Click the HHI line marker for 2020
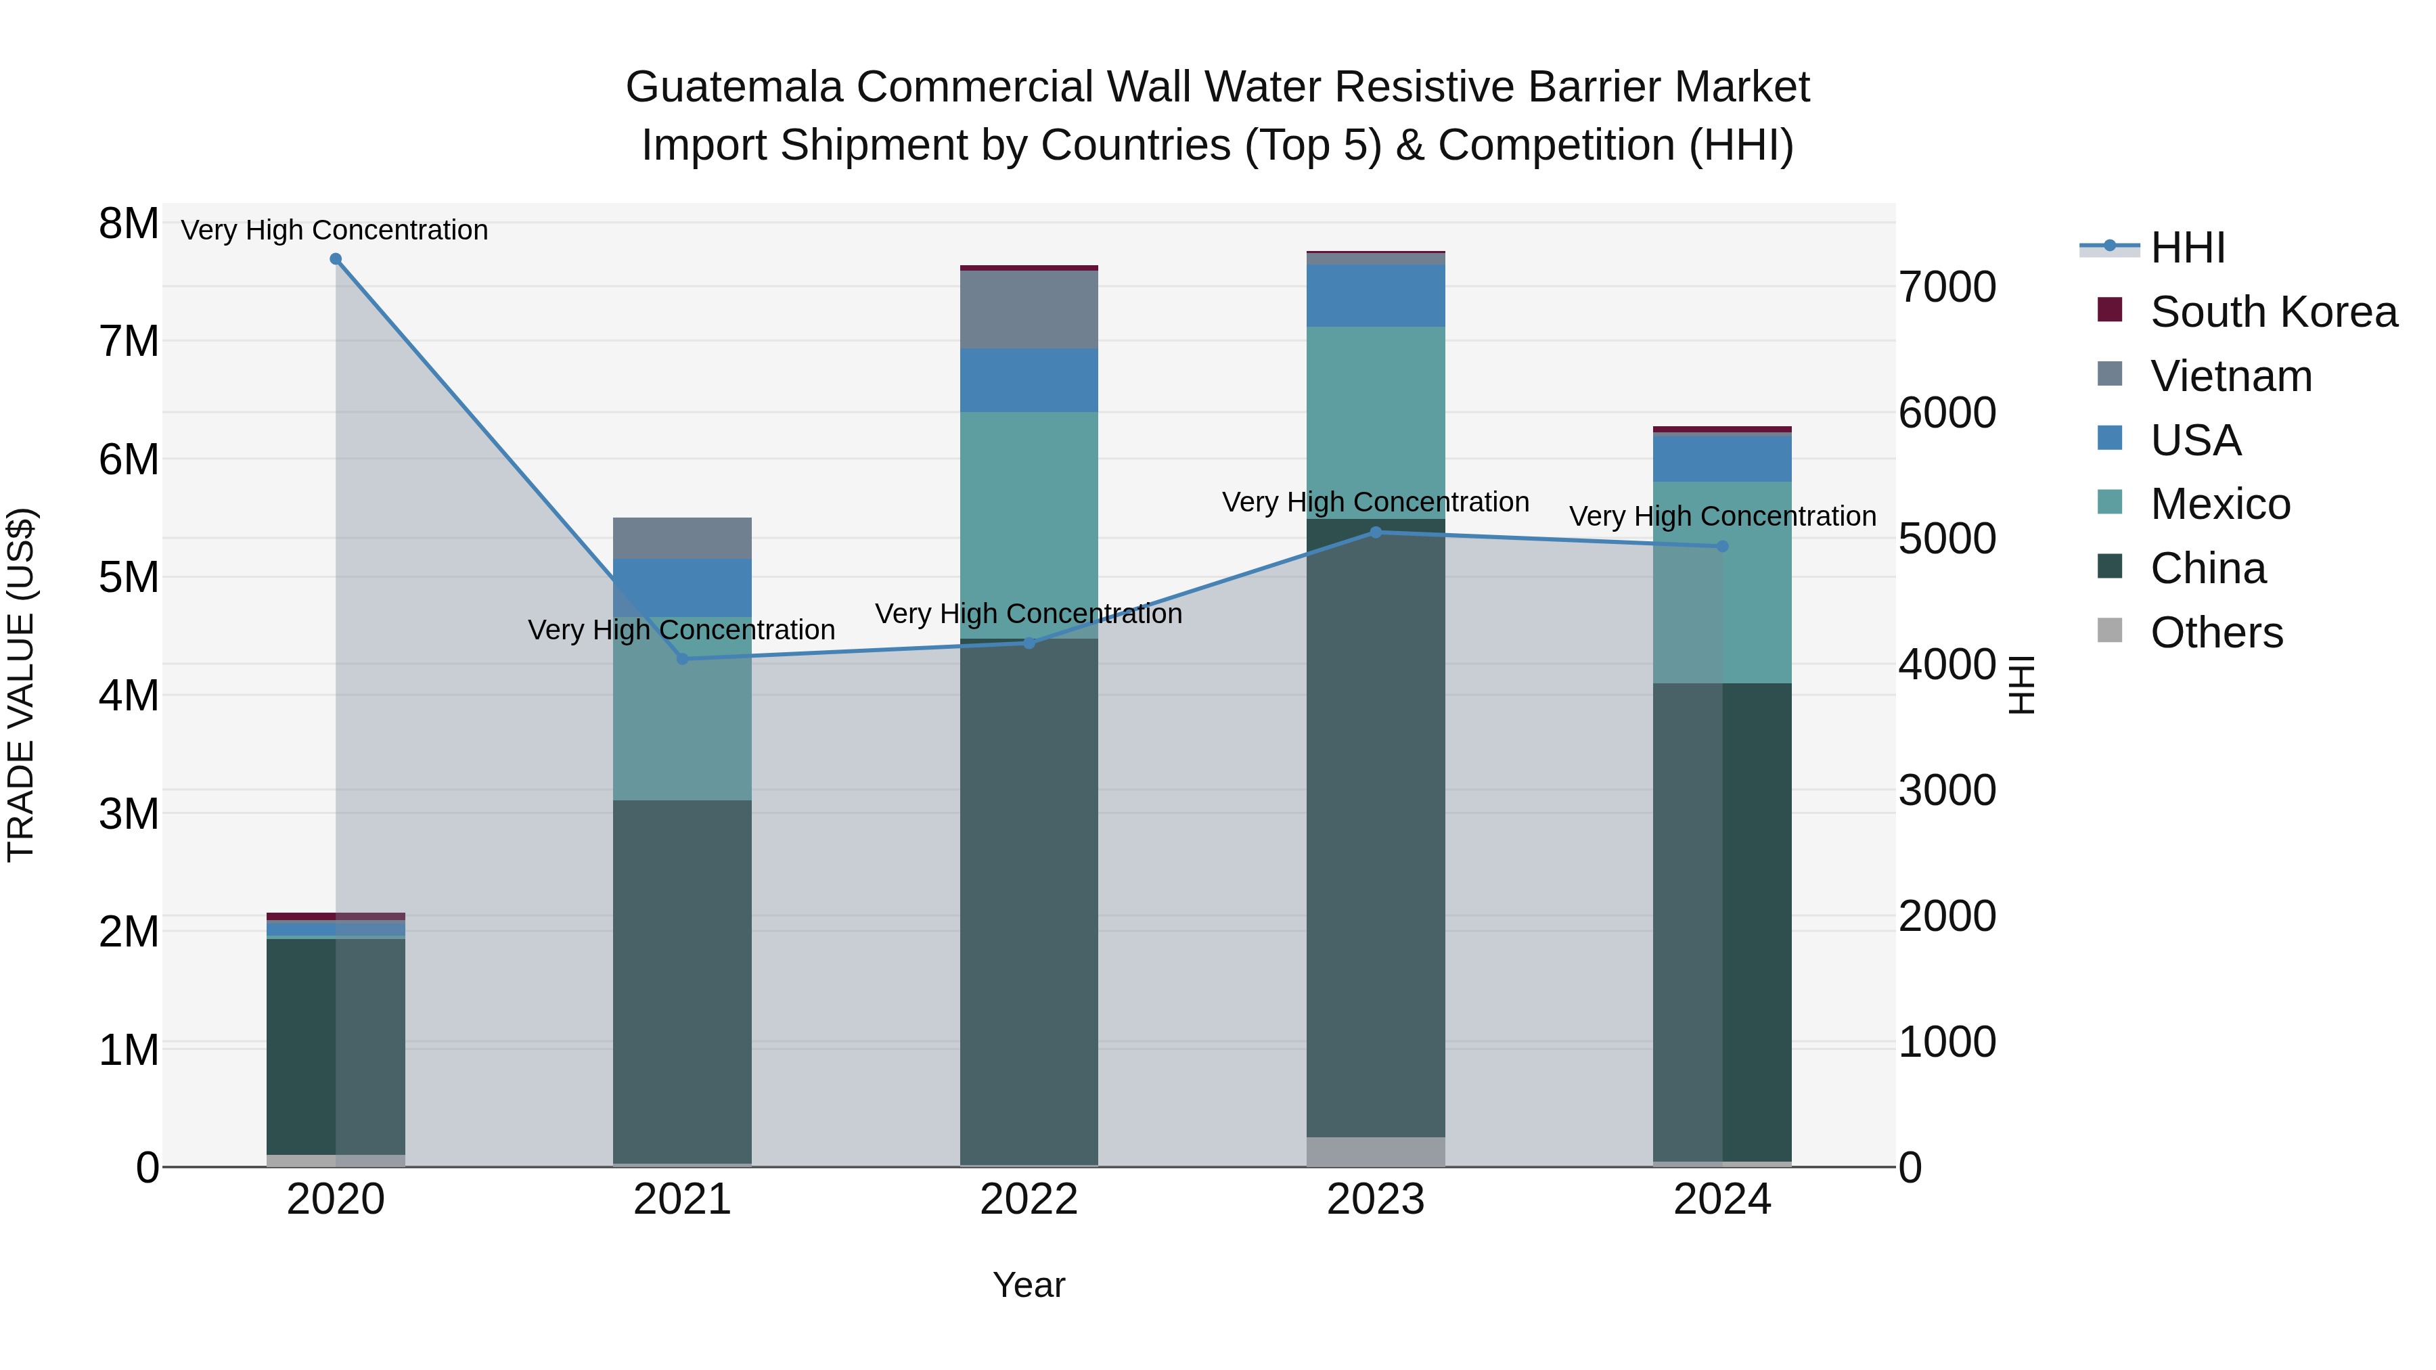pos(336,259)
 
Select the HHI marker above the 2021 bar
pos(683,659)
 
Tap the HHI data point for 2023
pos(1376,532)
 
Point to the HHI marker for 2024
pos(1722,547)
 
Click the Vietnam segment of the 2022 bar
pos(1029,309)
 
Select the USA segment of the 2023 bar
pos(1376,295)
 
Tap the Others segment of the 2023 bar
pos(1376,1151)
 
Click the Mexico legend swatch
pos(2110,502)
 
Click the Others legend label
pos(2217,633)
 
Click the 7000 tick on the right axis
pos(1947,288)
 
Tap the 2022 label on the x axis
pos(1029,1200)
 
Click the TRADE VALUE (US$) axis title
pos(22,685)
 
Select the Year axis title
pos(1029,1285)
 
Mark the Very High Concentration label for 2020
pos(335,230)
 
